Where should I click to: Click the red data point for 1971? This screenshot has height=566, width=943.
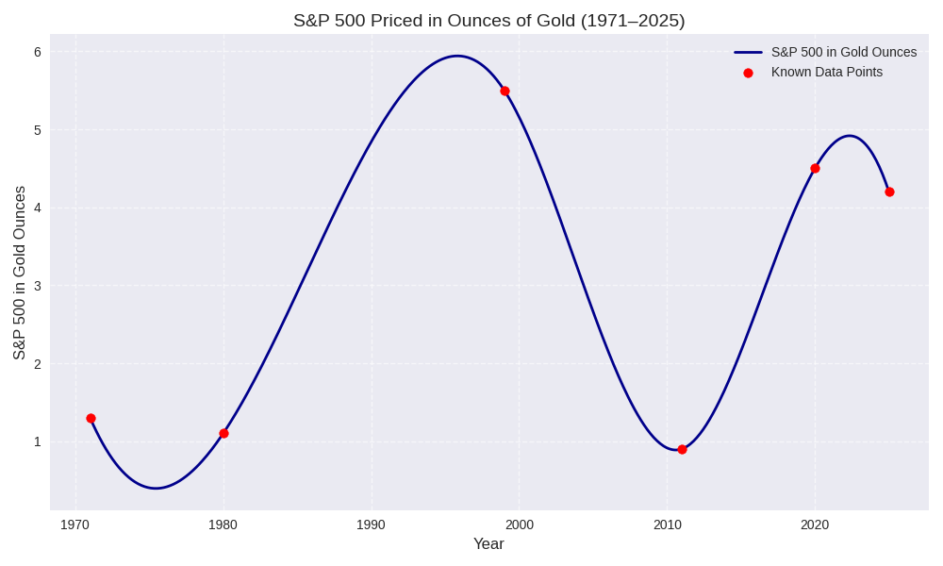(91, 418)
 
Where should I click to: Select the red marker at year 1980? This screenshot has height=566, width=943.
(223, 433)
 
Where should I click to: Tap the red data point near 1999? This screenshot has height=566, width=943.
(505, 91)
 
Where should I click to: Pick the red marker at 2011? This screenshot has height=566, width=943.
(682, 449)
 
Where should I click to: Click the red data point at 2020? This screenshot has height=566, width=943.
(815, 168)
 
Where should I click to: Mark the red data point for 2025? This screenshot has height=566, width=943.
(889, 191)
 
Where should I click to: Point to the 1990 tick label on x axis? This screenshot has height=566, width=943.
(371, 524)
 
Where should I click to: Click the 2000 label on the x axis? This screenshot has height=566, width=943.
(519, 524)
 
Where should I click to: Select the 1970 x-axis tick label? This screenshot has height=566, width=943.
(75, 524)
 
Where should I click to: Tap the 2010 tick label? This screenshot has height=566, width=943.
(667, 524)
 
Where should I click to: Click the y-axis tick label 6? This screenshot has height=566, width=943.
(38, 52)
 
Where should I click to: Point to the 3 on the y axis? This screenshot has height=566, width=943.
(38, 286)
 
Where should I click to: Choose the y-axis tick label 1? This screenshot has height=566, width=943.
(38, 441)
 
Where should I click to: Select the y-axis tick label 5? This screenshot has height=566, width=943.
(38, 130)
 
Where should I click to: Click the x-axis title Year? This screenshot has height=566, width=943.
(488, 543)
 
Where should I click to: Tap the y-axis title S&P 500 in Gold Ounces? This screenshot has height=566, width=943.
(19, 273)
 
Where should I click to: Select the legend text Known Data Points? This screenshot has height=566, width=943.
(827, 72)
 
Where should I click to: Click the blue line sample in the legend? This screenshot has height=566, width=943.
(748, 52)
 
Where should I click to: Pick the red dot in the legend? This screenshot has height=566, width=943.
(748, 73)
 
